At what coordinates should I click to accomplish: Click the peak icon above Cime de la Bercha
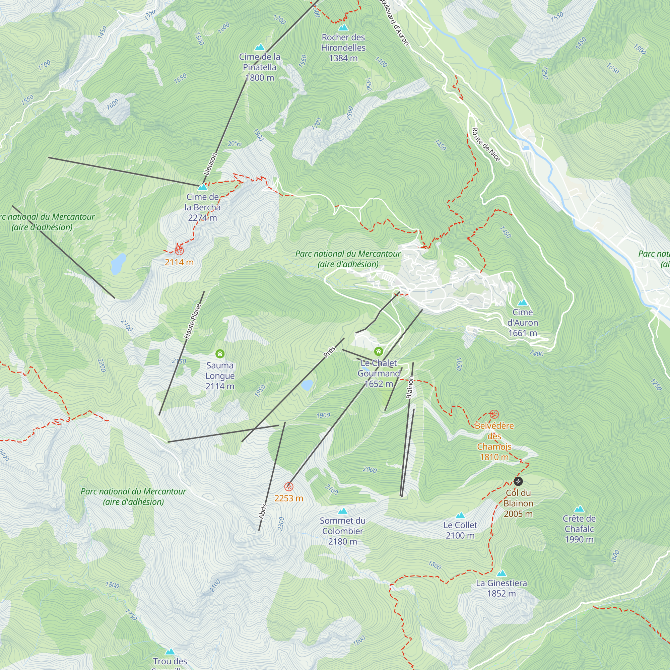203,188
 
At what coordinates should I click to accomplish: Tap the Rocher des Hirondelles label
343,48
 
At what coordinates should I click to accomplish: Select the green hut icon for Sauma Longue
220,354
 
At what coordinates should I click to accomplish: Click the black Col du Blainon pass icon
518,481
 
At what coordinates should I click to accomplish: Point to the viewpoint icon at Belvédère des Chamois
494,414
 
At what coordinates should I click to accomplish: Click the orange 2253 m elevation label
288,498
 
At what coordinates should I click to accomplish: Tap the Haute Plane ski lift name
193,321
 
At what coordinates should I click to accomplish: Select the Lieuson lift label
210,164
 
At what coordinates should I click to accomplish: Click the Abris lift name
263,511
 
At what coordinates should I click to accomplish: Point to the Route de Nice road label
486,145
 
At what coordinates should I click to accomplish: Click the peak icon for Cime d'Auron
522,303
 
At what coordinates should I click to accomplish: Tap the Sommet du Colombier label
342,531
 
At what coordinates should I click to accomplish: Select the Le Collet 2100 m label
460,530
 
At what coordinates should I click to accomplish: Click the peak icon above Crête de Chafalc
579,510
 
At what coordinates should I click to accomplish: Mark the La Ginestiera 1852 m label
501,588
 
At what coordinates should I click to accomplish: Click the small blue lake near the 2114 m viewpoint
118,264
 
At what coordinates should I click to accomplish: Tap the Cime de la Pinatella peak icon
259,47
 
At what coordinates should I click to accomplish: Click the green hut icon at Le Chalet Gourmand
378,352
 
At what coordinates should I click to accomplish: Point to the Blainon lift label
410,387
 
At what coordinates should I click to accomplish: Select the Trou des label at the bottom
170,661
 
